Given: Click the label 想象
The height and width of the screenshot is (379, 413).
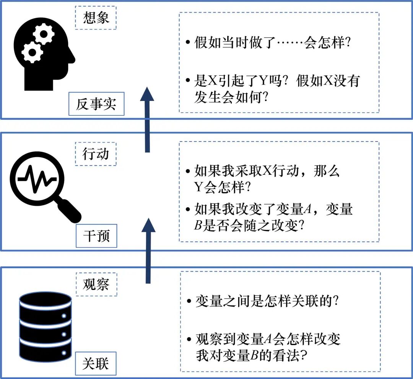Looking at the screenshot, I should [96, 18].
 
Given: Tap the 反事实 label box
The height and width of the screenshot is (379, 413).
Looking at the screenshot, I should [96, 104].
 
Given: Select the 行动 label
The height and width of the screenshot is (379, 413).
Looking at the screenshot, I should [96, 154].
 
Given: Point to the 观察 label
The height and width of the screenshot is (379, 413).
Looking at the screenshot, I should [96, 285].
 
